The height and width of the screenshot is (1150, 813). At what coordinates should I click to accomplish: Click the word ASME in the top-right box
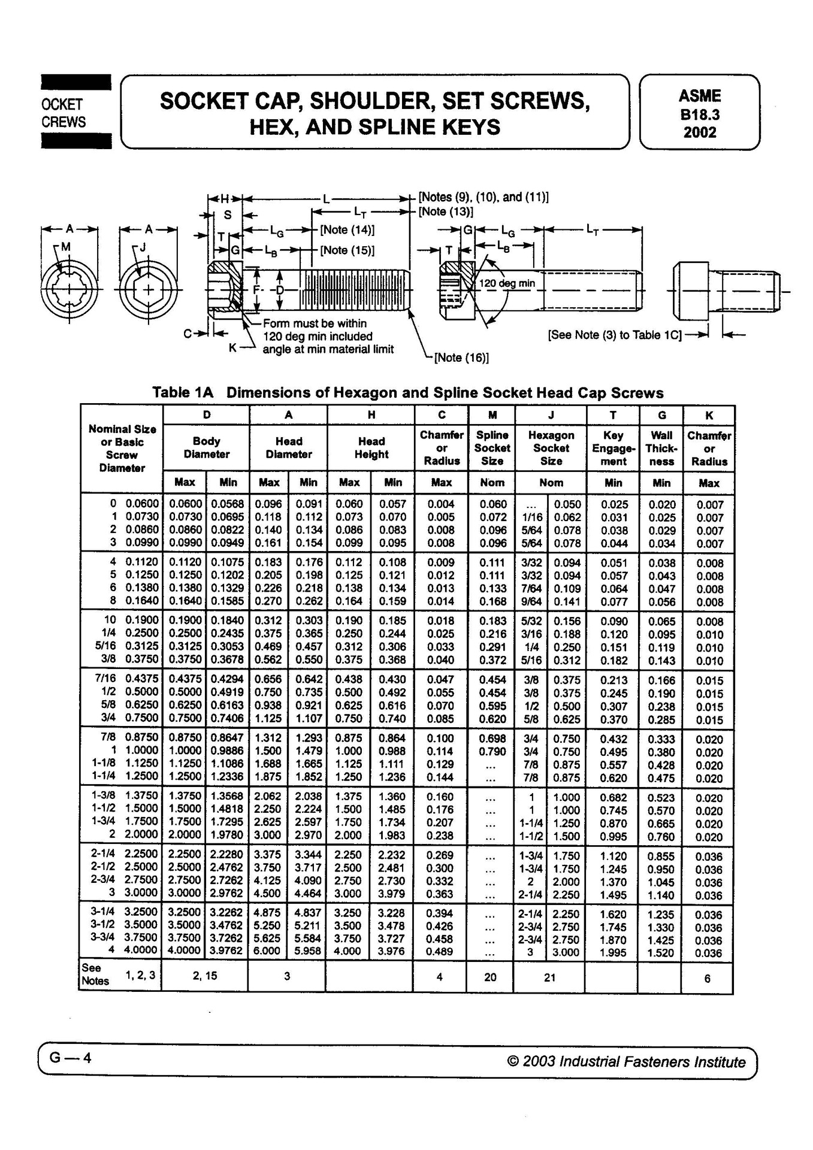coord(699,96)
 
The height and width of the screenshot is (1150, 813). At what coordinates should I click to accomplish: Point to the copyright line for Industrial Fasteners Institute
coord(626,1062)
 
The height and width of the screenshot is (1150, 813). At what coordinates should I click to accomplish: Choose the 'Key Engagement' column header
coord(613,448)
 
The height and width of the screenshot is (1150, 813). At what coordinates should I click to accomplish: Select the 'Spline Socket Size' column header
coord(492,448)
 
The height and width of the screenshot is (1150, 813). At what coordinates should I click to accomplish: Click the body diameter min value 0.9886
coord(228,751)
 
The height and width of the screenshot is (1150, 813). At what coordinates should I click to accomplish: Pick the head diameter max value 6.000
coord(267,951)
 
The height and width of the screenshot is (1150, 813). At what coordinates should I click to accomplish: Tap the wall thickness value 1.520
coord(661,953)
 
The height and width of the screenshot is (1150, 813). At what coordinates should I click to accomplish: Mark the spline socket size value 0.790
coord(492,752)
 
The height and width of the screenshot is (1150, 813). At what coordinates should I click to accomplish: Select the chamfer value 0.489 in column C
coord(440,952)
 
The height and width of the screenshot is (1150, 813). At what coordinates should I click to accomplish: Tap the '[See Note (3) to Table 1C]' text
coord(615,335)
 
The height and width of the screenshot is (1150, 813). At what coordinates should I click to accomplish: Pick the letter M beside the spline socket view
coord(65,247)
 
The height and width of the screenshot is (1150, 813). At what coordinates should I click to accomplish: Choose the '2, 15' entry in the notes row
coord(205,976)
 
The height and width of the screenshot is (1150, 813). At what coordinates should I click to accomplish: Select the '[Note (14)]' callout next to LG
coord(347,230)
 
